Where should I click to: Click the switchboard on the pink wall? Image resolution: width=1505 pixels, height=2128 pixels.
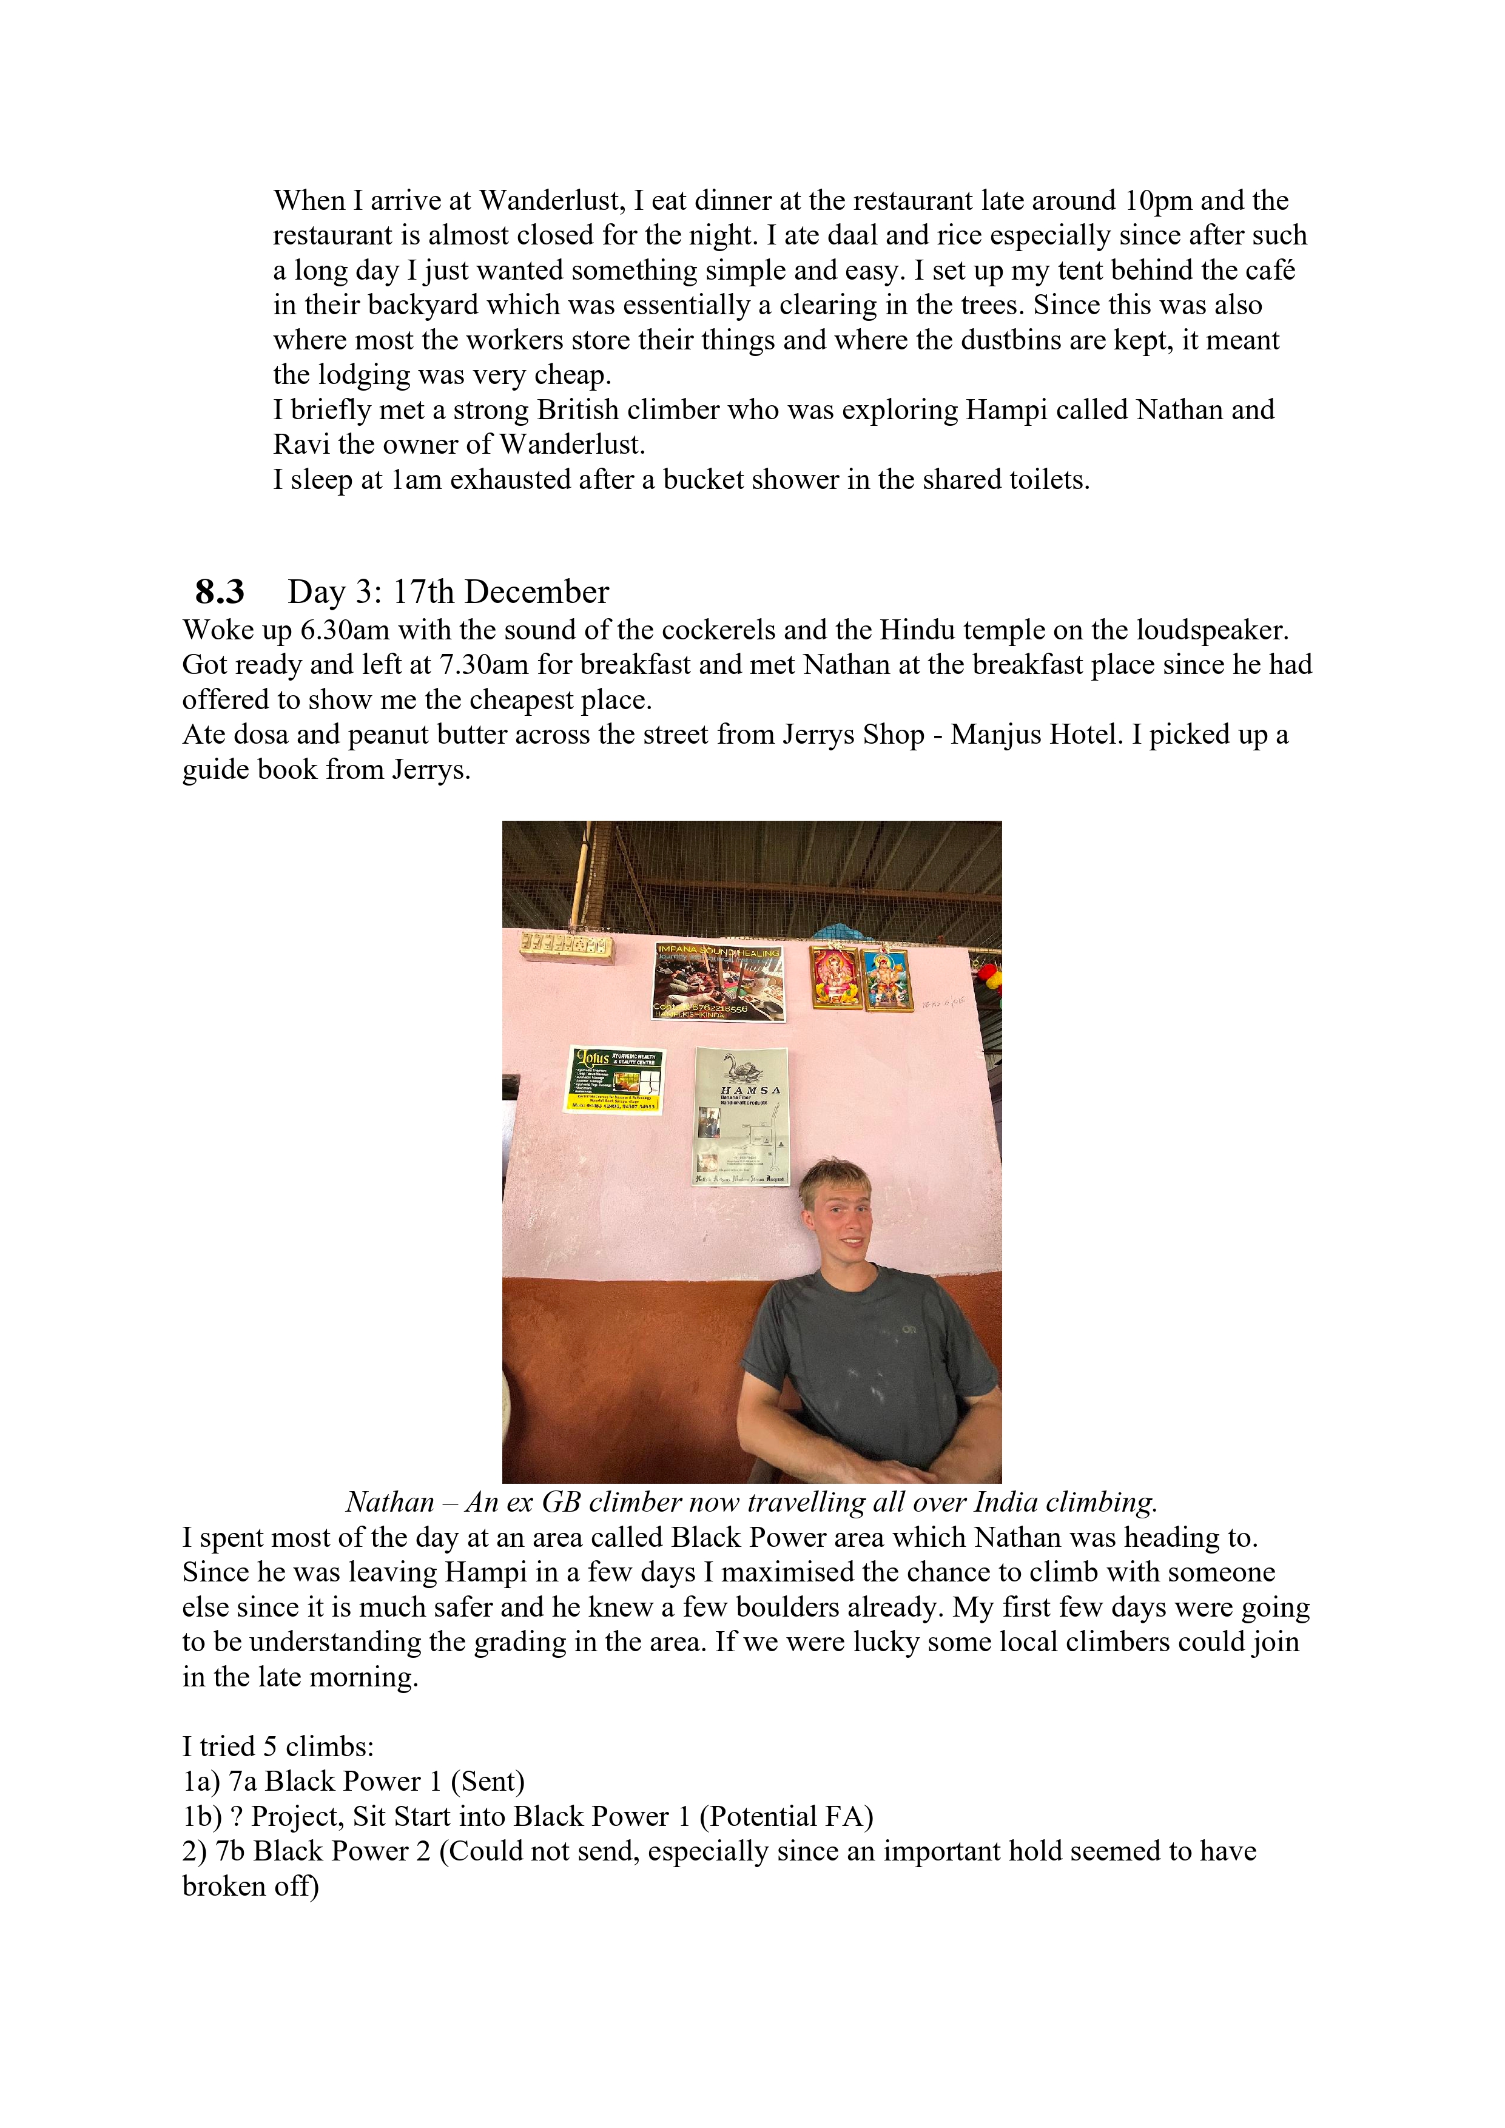pos(566,945)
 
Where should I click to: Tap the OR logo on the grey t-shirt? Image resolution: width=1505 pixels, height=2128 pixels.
pos(909,1330)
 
